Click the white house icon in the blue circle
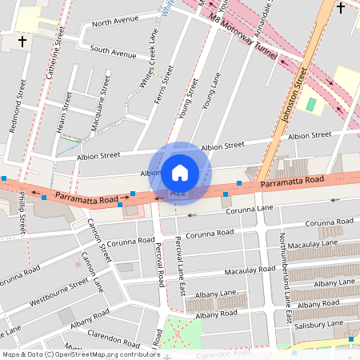[x=180, y=172]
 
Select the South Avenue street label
[x=113, y=53]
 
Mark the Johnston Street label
[x=293, y=95]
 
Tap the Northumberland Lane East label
[x=283, y=278]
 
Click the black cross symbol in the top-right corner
[x=341, y=8]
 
